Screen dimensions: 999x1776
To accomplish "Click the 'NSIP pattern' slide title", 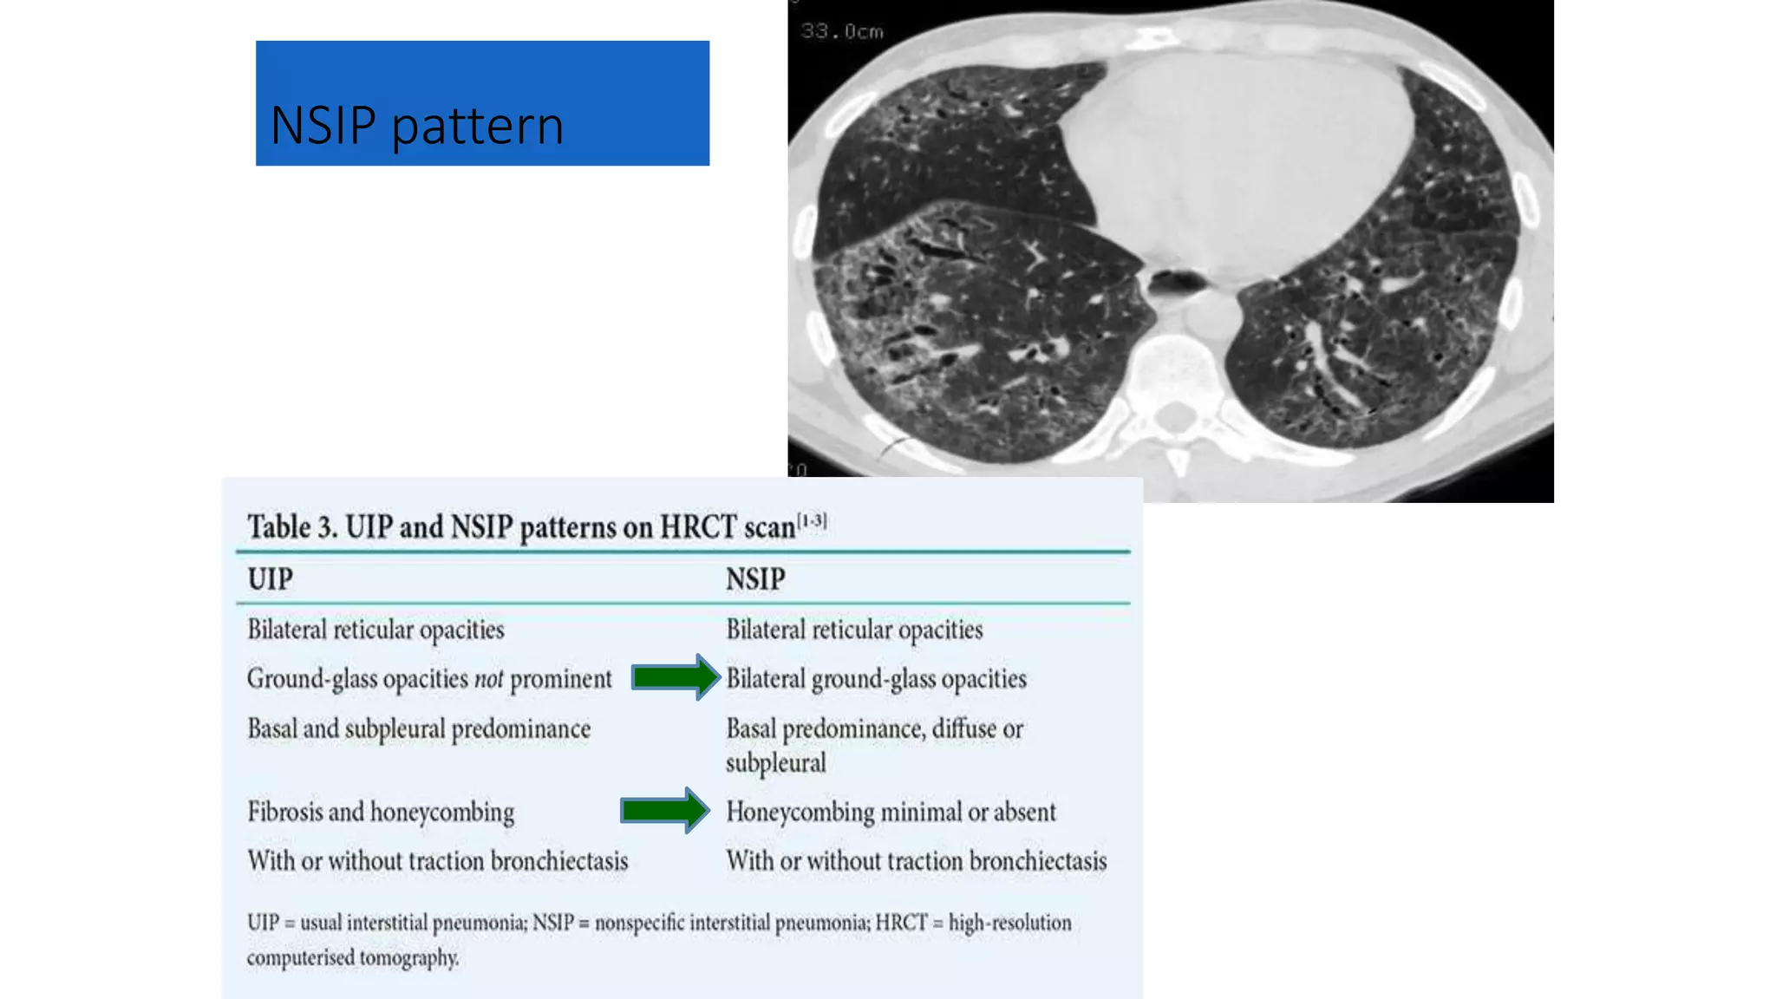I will tap(417, 125).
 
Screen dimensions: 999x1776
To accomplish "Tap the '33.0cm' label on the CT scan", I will tap(841, 32).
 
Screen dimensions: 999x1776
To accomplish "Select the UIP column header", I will tap(270, 579).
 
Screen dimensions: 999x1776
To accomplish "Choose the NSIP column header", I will tap(755, 579).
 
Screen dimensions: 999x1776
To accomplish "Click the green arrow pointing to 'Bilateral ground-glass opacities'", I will tap(675, 677).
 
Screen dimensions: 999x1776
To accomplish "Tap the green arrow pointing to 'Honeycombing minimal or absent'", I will tap(664, 811).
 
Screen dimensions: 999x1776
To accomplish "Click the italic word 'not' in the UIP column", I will tap(488, 679).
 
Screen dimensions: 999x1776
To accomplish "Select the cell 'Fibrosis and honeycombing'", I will tap(381, 813).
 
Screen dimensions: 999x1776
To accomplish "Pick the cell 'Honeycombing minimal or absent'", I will tap(891, 813).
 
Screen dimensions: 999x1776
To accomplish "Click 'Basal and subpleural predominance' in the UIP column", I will tap(419, 729).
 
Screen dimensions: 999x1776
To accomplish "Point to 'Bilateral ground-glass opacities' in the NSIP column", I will tap(876, 679).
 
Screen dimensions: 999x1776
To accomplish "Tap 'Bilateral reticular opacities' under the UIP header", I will tap(375, 630).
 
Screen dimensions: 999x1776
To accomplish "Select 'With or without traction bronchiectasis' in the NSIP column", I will tap(916, 861).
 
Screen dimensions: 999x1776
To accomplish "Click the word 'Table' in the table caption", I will tap(278, 527).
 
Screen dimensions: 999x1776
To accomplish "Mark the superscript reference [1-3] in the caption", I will tap(812, 520).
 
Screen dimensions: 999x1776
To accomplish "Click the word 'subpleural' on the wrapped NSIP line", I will tap(775, 764).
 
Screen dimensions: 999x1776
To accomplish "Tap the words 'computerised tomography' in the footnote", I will tap(352, 958).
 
